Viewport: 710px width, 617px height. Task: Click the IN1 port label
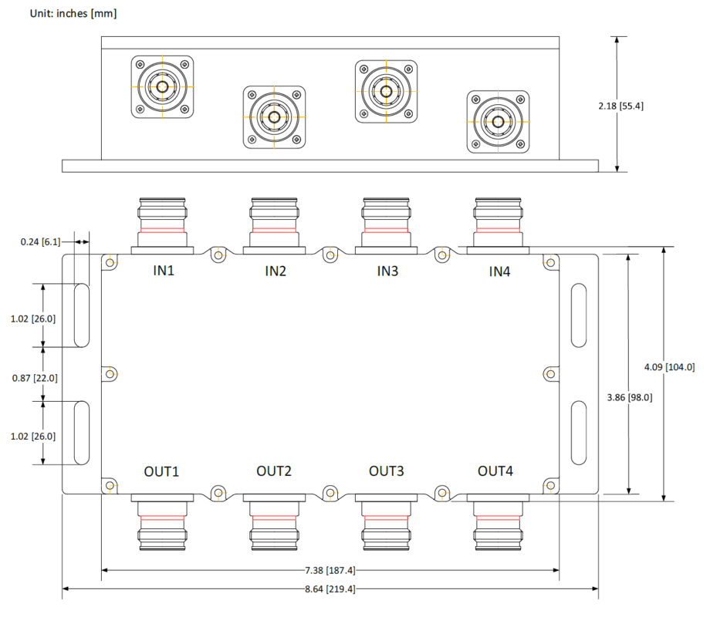click(162, 271)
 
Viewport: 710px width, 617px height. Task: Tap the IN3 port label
click(387, 271)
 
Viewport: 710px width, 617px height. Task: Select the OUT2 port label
click(275, 470)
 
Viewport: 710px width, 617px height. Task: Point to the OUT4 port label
click(495, 470)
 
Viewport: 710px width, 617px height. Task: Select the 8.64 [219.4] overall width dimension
click(330, 588)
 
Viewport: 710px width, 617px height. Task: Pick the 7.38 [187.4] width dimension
click(330, 571)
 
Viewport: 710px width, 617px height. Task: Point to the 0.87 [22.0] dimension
click(35, 378)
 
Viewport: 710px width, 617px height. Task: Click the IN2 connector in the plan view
click(275, 224)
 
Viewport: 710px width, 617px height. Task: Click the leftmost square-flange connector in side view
click(162, 87)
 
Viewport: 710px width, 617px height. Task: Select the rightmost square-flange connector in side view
click(499, 122)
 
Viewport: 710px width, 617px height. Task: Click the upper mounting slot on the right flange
click(578, 315)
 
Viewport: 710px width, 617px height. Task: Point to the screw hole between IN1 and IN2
click(218, 255)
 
